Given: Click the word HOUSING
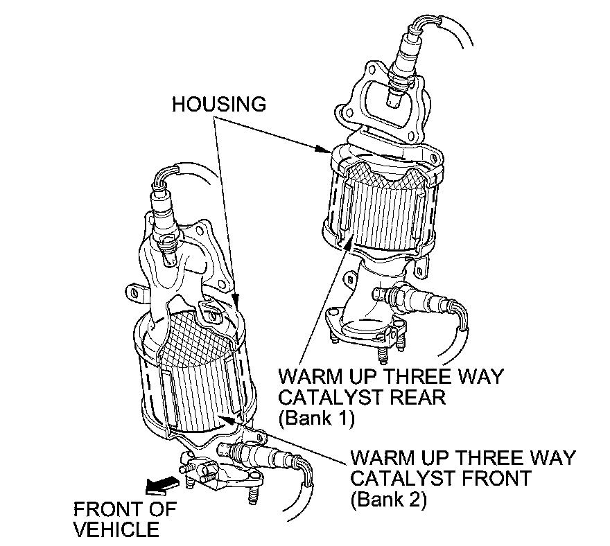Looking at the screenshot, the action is [x=219, y=104].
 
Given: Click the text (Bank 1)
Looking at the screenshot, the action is [x=315, y=419].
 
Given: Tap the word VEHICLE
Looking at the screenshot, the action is [x=116, y=530].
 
